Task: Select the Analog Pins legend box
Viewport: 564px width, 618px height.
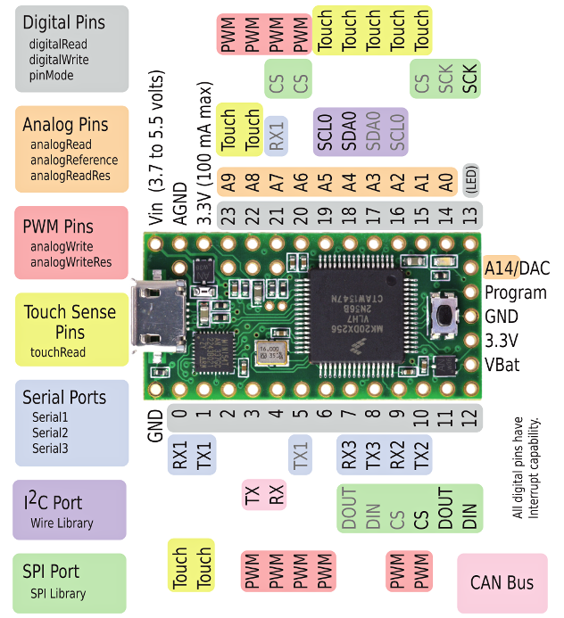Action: (x=71, y=149)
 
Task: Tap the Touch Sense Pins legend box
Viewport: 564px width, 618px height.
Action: (x=71, y=329)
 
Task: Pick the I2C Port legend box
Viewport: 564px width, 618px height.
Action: (x=70, y=509)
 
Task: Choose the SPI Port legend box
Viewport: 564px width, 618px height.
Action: (x=70, y=581)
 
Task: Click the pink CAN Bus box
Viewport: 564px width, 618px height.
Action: (x=501, y=583)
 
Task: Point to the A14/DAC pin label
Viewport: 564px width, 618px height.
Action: (x=517, y=268)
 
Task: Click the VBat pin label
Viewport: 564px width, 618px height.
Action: (x=502, y=365)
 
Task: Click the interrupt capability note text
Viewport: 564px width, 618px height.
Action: (x=527, y=467)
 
